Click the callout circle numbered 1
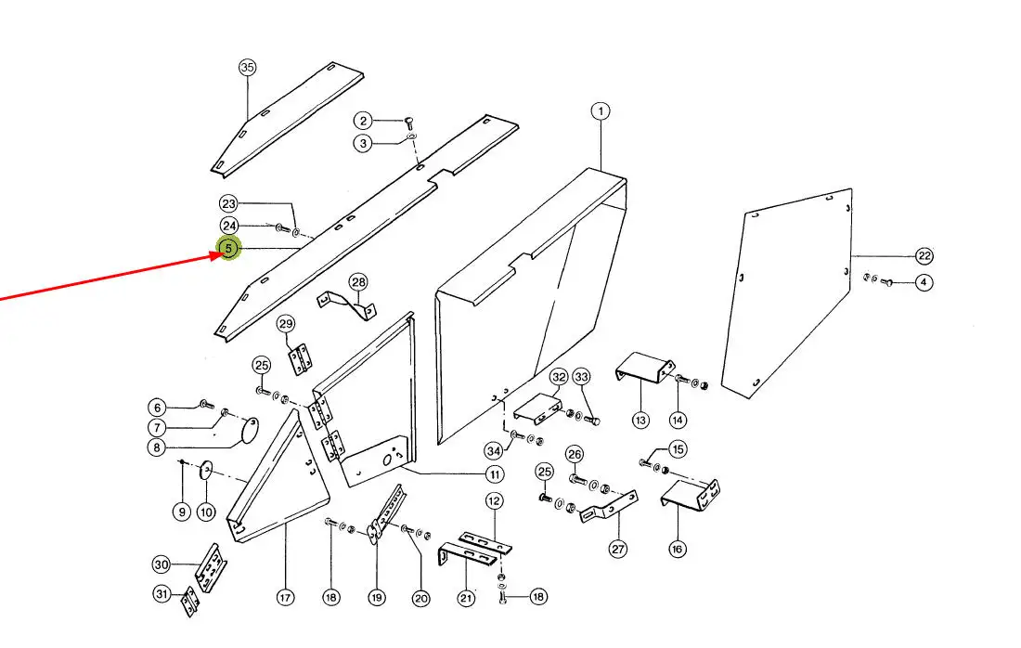(x=601, y=111)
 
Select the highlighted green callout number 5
(x=228, y=249)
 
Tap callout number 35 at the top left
(x=247, y=67)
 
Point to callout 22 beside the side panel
(x=924, y=256)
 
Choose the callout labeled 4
(x=924, y=282)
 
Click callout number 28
(x=359, y=282)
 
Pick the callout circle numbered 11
(x=495, y=474)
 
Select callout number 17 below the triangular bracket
(x=285, y=598)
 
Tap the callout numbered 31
(x=162, y=594)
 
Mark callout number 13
(x=640, y=421)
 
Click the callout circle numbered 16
(x=677, y=549)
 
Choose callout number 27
(x=618, y=549)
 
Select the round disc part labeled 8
(x=249, y=429)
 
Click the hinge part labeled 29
(x=299, y=359)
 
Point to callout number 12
(x=494, y=501)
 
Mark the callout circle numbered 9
(x=181, y=511)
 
